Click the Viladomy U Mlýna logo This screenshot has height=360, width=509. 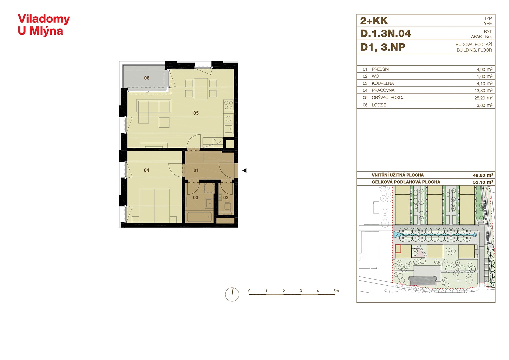pyautogui.click(x=44, y=25)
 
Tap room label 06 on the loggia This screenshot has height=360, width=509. pyautogui.click(x=147, y=78)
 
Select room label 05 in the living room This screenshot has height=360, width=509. pyautogui.click(x=196, y=113)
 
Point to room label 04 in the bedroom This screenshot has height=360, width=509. pyautogui.click(x=147, y=170)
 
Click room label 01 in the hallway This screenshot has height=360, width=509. pyautogui.click(x=196, y=170)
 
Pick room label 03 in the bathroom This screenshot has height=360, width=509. pyautogui.click(x=196, y=197)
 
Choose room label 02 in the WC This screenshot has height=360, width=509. pyautogui.click(x=226, y=197)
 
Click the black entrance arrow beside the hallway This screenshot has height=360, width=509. pyautogui.click(x=245, y=170)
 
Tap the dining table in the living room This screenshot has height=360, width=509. pyautogui.click(x=201, y=88)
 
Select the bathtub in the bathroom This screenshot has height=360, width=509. pyautogui.click(x=200, y=217)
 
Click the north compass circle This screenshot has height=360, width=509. pyautogui.click(x=232, y=294)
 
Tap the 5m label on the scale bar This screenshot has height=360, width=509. pyautogui.click(x=336, y=291)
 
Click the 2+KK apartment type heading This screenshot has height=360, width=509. pyautogui.click(x=374, y=21)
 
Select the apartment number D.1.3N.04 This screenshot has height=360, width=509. pyautogui.click(x=386, y=34)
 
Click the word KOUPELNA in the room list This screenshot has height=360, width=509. pyautogui.click(x=383, y=83)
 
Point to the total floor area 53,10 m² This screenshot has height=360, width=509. pyautogui.click(x=483, y=182)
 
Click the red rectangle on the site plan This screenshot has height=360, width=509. pyautogui.click(x=398, y=249)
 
